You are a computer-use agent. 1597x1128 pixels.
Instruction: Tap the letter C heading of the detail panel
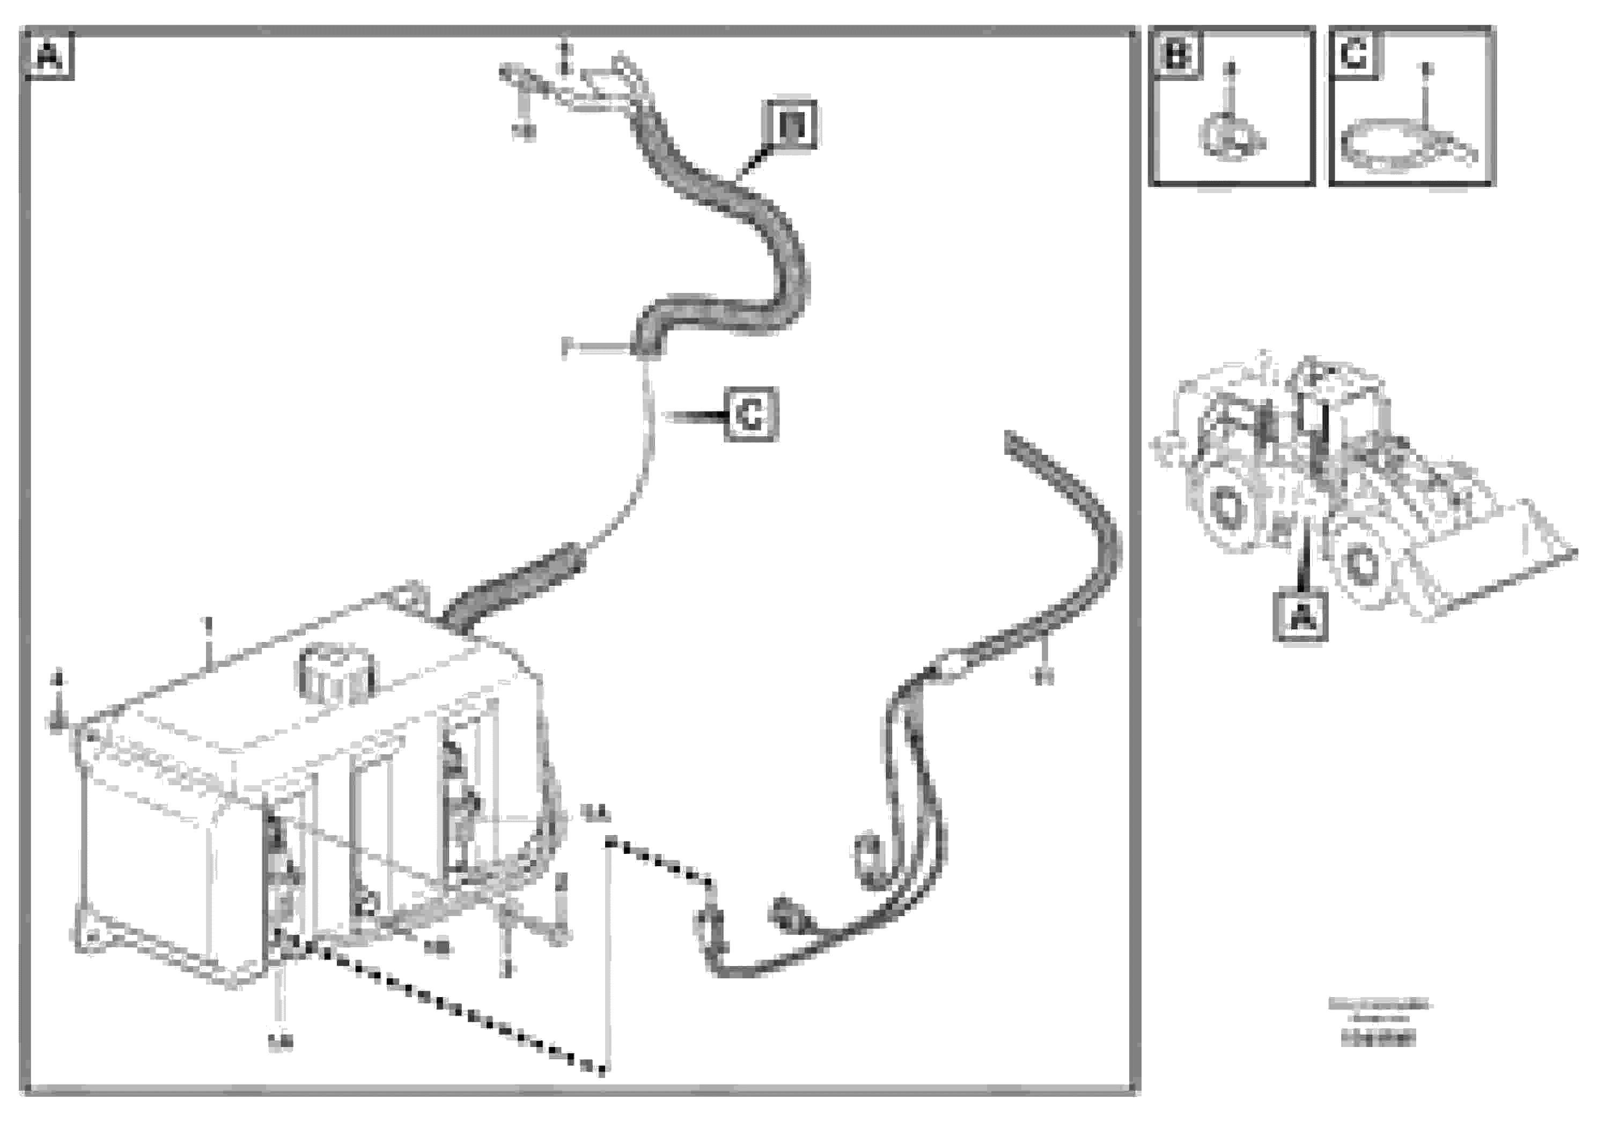1353,54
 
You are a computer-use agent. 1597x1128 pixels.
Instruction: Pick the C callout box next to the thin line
750,415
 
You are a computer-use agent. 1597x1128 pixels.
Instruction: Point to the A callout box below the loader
1300,615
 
